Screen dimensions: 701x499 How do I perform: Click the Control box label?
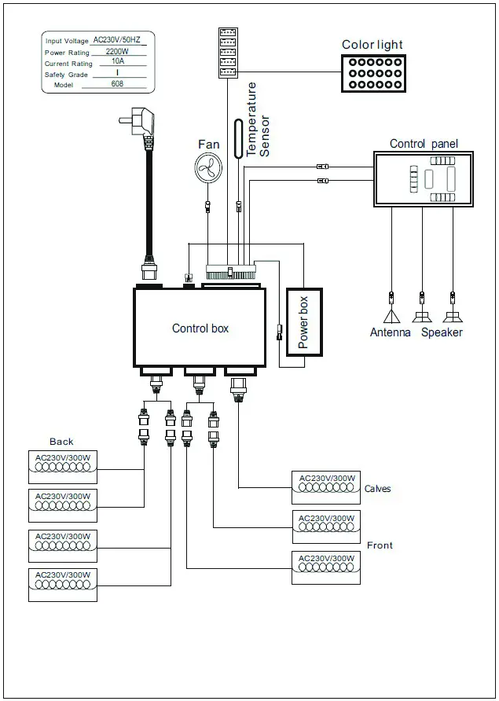(x=200, y=328)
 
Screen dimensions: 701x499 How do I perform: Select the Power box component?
(x=303, y=323)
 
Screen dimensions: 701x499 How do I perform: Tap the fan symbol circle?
(x=209, y=167)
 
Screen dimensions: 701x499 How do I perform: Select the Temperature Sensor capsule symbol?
(x=237, y=139)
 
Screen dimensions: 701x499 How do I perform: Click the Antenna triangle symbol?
(x=391, y=317)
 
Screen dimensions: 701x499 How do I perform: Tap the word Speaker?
(x=442, y=332)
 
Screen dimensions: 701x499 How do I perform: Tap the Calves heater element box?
(x=325, y=487)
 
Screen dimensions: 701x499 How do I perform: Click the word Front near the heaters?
(x=380, y=545)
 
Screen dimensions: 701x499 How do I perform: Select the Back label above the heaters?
(x=61, y=442)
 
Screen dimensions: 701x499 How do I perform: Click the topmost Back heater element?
(x=63, y=465)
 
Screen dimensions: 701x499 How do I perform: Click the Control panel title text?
(x=424, y=144)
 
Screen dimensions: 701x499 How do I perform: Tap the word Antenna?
(x=391, y=332)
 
